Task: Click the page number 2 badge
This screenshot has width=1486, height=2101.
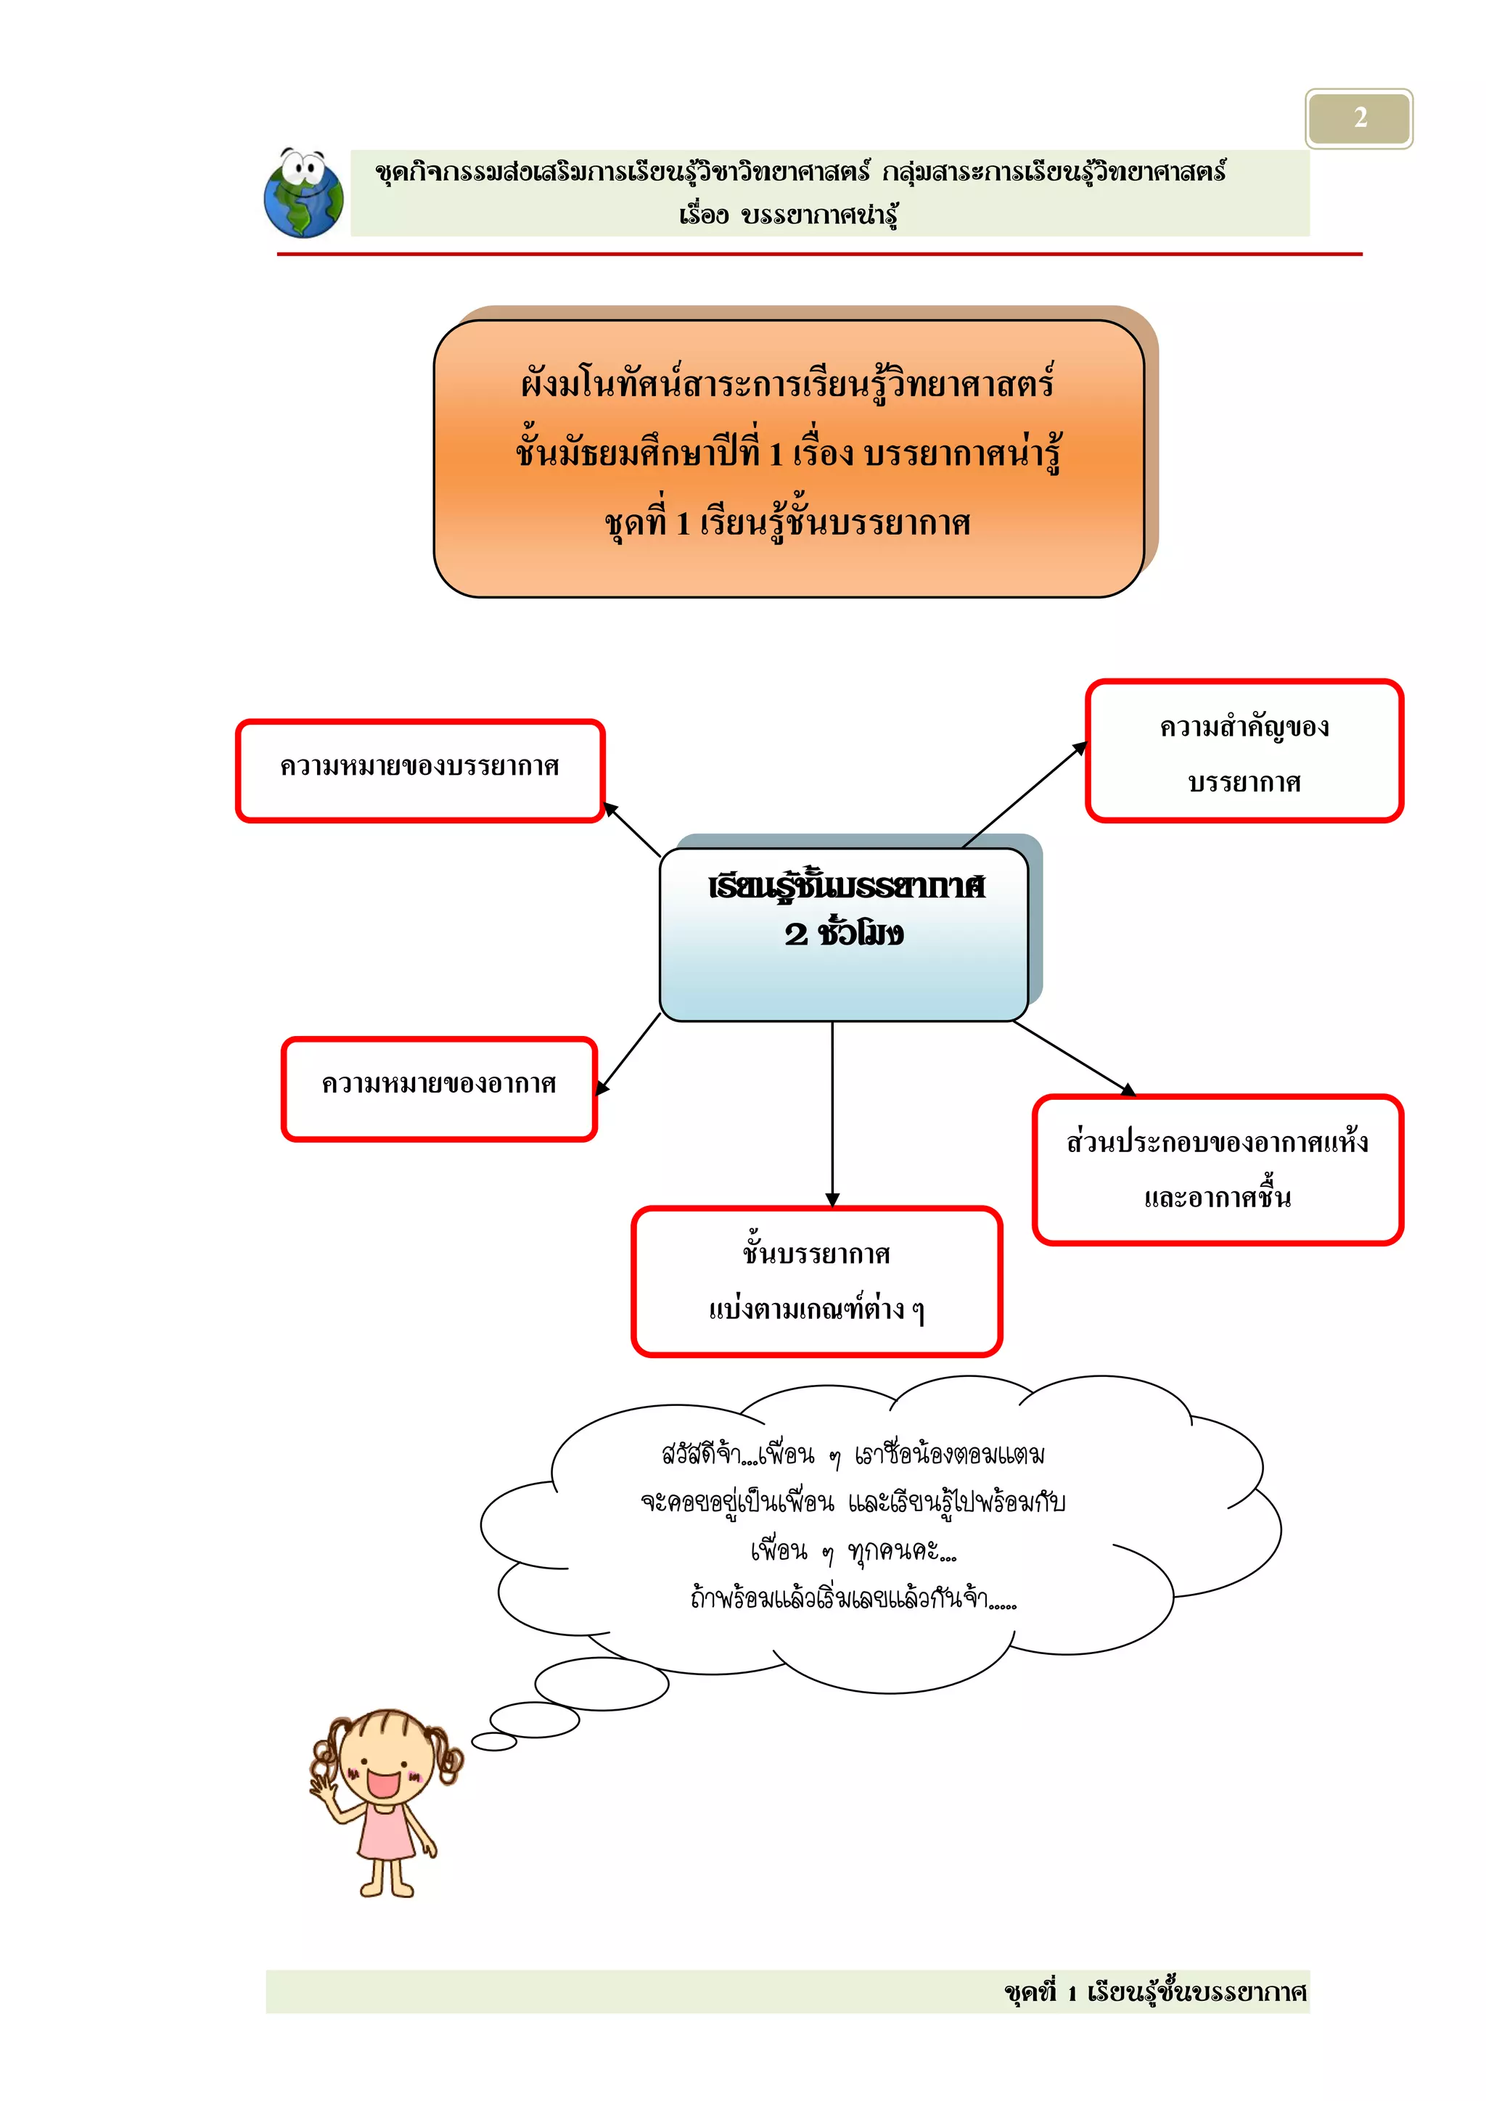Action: pyautogui.click(x=1359, y=118)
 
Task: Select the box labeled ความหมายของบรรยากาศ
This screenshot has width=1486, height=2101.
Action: pyautogui.click(x=420, y=770)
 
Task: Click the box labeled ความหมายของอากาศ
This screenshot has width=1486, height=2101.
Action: pyautogui.click(x=439, y=1088)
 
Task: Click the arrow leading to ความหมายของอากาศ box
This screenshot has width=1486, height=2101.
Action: pyautogui.click(x=628, y=1053)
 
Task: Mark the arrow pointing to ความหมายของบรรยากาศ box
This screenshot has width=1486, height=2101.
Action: pyautogui.click(x=632, y=830)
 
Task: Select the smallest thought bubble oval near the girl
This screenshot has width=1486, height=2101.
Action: pyautogui.click(x=494, y=1741)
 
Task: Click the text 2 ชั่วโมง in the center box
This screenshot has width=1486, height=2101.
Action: pyautogui.click(x=844, y=934)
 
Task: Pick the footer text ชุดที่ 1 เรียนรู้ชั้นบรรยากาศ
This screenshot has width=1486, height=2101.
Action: pyautogui.click(x=1154, y=1992)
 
